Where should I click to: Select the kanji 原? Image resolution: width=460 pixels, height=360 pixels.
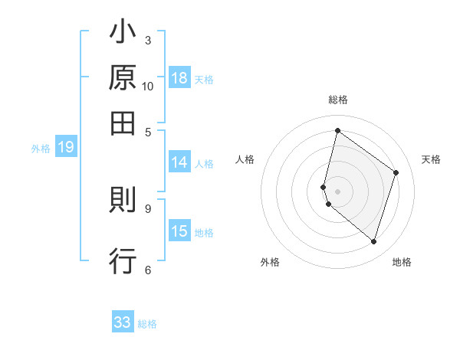click(123, 77)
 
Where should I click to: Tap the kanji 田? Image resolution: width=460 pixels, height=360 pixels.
click(123, 122)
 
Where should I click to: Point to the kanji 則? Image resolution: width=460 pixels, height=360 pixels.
click(123, 200)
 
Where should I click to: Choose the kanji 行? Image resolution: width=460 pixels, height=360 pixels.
click(123, 260)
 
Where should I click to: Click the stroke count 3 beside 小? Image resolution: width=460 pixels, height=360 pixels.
click(148, 40)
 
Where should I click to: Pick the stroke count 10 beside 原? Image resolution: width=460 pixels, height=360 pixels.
click(148, 86)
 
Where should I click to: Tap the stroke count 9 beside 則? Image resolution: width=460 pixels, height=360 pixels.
click(148, 208)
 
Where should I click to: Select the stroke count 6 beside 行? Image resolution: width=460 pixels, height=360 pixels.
click(148, 269)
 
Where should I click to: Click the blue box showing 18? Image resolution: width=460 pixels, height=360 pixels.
click(179, 78)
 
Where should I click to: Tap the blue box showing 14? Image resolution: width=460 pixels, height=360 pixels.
click(179, 162)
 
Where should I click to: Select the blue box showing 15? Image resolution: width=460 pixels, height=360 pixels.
click(179, 231)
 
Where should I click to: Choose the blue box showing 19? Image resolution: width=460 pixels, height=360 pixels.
click(65, 148)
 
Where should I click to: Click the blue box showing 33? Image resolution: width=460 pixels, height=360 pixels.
click(123, 322)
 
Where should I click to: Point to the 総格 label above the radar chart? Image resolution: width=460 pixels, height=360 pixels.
click(338, 100)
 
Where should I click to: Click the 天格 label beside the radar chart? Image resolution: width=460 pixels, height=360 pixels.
click(431, 159)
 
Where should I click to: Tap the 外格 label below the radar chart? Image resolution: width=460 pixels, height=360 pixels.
click(270, 262)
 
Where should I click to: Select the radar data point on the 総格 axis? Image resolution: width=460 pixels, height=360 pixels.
click(337, 130)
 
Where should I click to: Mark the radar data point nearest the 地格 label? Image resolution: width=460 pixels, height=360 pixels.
click(373, 242)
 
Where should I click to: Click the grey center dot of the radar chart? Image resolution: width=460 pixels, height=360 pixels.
click(337, 191)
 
